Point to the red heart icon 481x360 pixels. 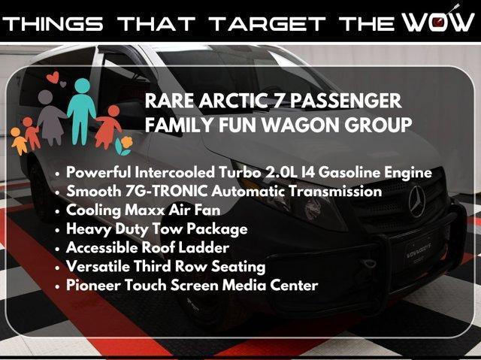coord(53,77)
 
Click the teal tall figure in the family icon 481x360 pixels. coord(82,111)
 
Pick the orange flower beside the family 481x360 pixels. coord(126,143)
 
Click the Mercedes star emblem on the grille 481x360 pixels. coord(417,201)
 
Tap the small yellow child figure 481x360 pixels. coord(19,141)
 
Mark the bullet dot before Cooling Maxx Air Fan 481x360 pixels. coord(57,211)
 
